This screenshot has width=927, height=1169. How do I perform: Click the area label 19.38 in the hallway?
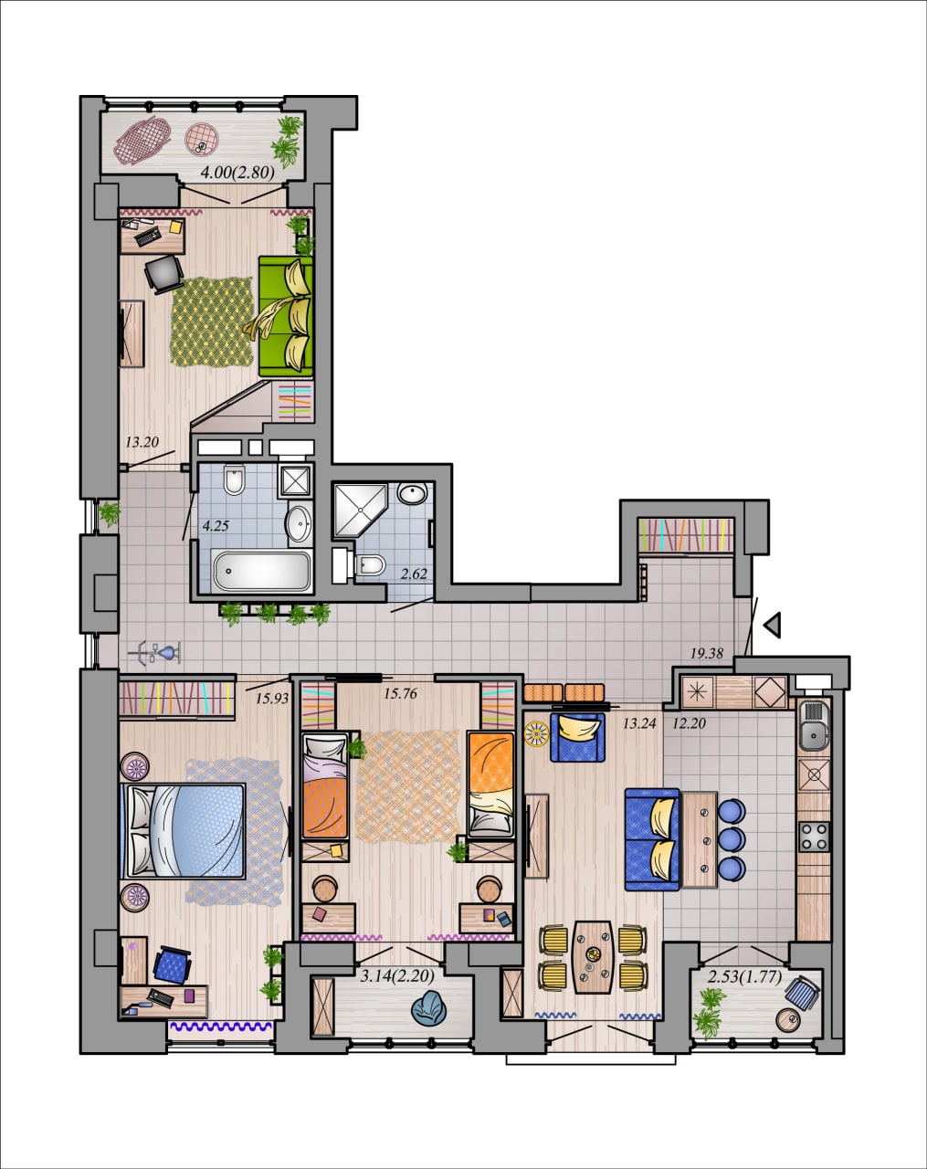pos(706,654)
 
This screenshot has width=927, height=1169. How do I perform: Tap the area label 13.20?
pos(142,442)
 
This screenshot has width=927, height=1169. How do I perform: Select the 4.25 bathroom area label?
pos(216,526)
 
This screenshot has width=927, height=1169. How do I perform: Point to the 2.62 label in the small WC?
pos(414,574)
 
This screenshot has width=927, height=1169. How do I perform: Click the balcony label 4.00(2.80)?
pos(237,173)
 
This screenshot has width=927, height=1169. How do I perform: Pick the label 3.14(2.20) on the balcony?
pos(398,976)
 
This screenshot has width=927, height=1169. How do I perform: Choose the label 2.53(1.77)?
pos(744,976)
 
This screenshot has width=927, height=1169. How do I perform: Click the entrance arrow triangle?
pos(772,625)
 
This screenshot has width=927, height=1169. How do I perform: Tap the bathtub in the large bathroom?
pos(261,571)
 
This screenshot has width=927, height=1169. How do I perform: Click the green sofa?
pos(285,316)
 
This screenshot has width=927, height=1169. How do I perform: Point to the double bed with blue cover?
pos(184,830)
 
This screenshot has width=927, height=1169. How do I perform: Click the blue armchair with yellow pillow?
pos(577,737)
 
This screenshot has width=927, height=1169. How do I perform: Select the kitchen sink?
pos(814,724)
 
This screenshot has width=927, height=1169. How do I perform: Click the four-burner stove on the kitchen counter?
pos(815,837)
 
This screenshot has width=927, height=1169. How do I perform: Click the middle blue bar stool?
pos(732,839)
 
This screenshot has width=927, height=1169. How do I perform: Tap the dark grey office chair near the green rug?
pos(164,273)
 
